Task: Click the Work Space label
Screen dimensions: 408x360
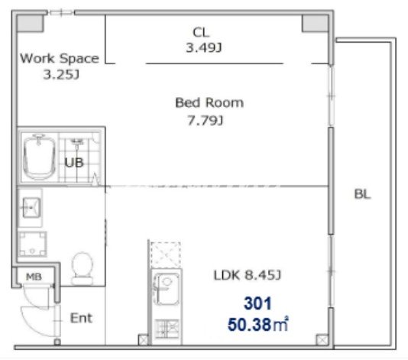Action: pyautogui.click(x=60, y=58)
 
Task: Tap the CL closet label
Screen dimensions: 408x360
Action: pyautogui.click(x=201, y=33)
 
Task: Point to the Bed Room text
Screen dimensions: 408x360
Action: pyautogui.click(x=209, y=102)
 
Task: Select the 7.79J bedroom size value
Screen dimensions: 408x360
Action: pyautogui.click(x=205, y=121)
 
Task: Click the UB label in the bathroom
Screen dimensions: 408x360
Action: pyautogui.click(x=74, y=163)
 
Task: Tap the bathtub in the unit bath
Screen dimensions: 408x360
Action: pyautogui.click(x=39, y=157)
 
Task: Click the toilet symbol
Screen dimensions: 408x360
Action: pyautogui.click(x=83, y=268)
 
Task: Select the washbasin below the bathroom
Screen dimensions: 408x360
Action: pyautogui.click(x=31, y=207)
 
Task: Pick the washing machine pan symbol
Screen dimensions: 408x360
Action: pyautogui.click(x=32, y=244)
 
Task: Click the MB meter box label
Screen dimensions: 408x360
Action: pyautogui.click(x=34, y=277)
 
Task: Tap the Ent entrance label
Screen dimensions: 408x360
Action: pyautogui.click(x=81, y=318)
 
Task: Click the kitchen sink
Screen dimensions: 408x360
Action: pyautogui.click(x=167, y=289)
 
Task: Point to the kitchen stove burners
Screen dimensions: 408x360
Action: pyautogui.click(x=167, y=328)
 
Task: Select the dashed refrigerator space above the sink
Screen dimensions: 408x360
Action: pyautogui.click(x=166, y=254)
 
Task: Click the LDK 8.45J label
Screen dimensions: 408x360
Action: pyautogui.click(x=247, y=275)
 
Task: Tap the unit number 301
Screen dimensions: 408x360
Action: pyautogui.click(x=257, y=303)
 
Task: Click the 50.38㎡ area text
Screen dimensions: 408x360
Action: pyautogui.click(x=257, y=325)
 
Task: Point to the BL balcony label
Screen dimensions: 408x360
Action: pyautogui.click(x=362, y=194)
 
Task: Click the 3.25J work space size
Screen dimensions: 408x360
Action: pyautogui.click(x=61, y=75)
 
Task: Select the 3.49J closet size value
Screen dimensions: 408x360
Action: pyautogui.click(x=204, y=48)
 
